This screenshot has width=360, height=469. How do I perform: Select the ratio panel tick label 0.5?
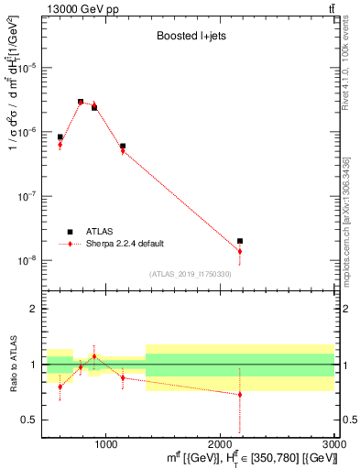click(31, 420)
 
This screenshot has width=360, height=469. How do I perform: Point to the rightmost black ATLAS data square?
click(240, 241)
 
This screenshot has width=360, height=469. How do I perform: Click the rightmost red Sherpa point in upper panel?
click(240, 251)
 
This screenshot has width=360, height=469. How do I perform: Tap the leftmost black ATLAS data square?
click(60, 137)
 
